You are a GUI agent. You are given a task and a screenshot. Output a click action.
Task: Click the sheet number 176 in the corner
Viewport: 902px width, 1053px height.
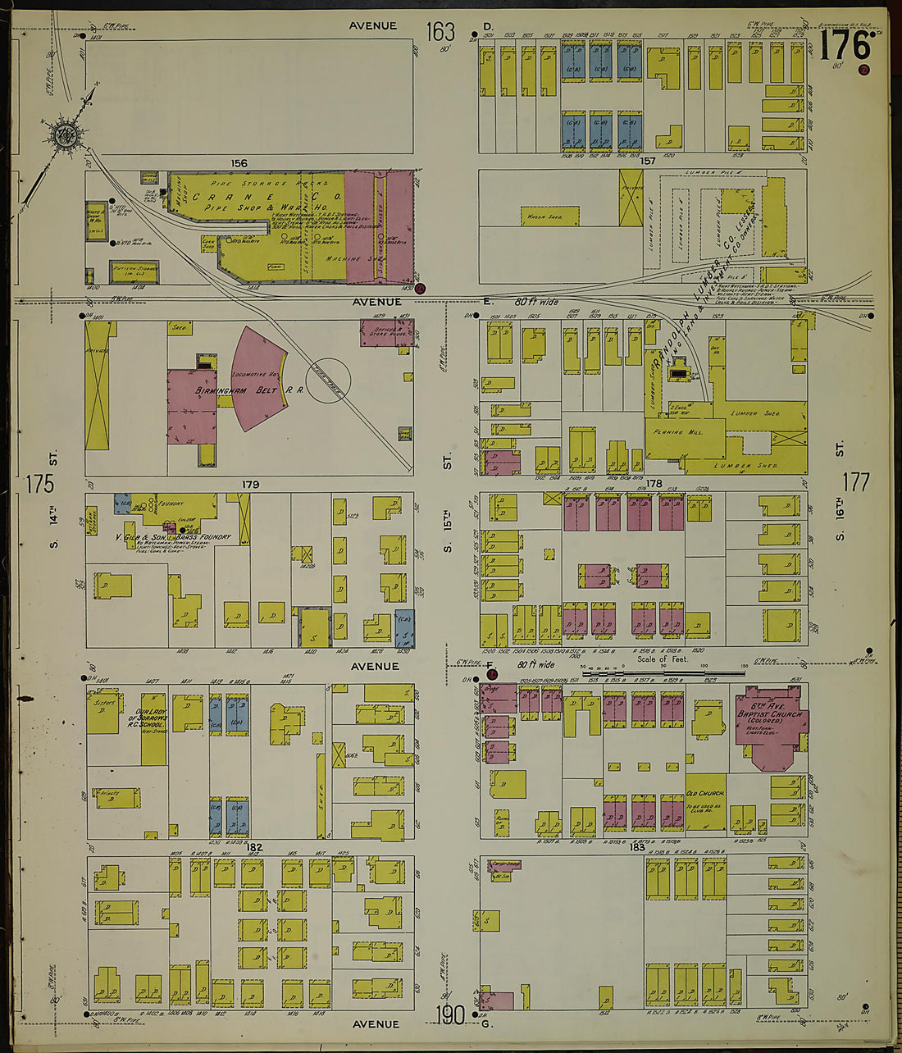pyautogui.click(x=845, y=46)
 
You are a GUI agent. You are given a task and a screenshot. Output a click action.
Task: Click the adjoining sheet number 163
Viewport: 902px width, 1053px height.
pyautogui.click(x=440, y=32)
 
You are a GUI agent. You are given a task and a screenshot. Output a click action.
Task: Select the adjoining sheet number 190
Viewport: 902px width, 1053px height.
pyautogui.click(x=450, y=1015)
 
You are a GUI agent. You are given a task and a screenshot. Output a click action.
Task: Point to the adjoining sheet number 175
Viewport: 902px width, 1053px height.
pyautogui.click(x=39, y=484)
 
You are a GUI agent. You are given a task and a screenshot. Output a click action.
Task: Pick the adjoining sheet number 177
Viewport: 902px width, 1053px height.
pyautogui.click(x=855, y=481)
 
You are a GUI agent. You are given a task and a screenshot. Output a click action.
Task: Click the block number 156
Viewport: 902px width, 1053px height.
pyautogui.click(x=239, y=164)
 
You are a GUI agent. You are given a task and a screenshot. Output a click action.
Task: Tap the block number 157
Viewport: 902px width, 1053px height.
pyautogui.click(x=649, y=161)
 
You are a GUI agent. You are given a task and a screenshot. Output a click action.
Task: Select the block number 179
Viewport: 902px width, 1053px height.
pyautogui.click(x=250, y=485)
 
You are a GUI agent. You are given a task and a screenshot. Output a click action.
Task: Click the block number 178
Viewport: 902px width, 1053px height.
pyautogui.click(x=654, y=485)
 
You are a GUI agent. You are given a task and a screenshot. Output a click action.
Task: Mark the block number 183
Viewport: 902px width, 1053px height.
pyautogui.click(x=636, y=846)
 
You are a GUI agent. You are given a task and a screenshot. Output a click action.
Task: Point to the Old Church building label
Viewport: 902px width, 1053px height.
pyautogui.click(x=705, y=794)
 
